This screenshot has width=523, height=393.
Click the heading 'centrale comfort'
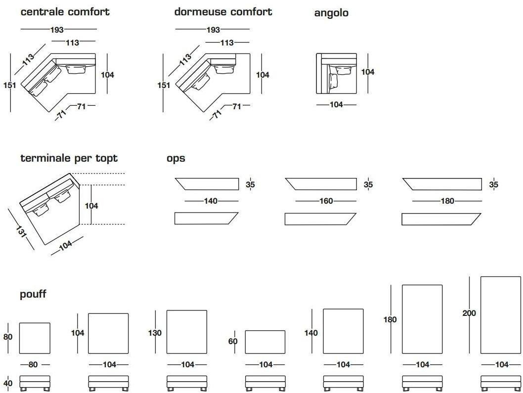tap(65, 12)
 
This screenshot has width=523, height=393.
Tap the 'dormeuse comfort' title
tap(223, 12)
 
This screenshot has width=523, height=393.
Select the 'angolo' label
tap(331, 13)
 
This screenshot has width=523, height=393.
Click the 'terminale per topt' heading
tap(69, 158)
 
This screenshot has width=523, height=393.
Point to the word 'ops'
tap(175, 159)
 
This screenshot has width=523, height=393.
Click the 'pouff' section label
tap(33, 294)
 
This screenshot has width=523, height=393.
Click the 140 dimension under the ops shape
tap(211, 201)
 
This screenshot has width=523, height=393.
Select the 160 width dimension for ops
tap(326, 201)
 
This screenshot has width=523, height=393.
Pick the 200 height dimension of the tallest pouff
tap(469, 313)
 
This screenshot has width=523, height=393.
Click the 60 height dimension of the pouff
tap(233, 341)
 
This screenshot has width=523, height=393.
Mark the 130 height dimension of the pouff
tap(155, 333)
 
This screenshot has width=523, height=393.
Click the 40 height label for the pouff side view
tap(8, 384)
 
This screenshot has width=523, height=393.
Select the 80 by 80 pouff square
tap(35, 338)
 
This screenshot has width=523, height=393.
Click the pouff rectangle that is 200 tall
tap(500, 315)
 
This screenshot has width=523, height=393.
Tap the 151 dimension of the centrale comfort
tap(10, 85)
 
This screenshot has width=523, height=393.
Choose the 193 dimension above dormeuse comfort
tap(213, 30)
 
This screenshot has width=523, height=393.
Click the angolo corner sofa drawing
tap(336, 74)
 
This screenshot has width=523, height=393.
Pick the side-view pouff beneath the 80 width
tap(35, 383)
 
